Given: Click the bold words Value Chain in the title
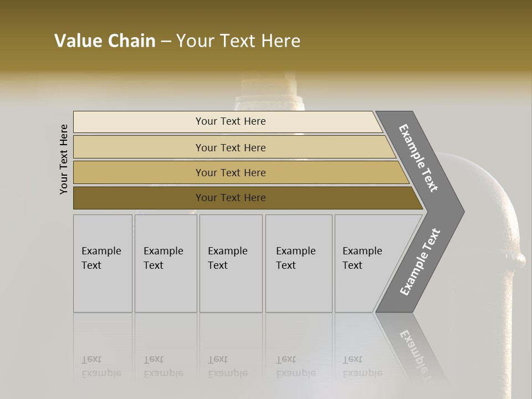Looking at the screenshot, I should (105, 41).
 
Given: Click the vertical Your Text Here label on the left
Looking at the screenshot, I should (64, 159).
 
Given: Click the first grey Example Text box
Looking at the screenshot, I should (103, 263).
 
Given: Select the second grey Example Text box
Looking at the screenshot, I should (166, 263).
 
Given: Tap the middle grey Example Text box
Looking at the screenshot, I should (231, 263).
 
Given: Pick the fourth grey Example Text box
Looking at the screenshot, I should (299, 263).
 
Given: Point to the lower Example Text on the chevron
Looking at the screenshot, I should (420, 262).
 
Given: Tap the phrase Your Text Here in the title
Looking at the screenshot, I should (238, 41).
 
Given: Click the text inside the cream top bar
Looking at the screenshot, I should (231, 121).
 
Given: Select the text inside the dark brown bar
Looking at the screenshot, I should (231, 198).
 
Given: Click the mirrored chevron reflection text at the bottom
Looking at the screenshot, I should (417, 349).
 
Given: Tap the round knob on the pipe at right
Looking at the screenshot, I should (519, 259).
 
